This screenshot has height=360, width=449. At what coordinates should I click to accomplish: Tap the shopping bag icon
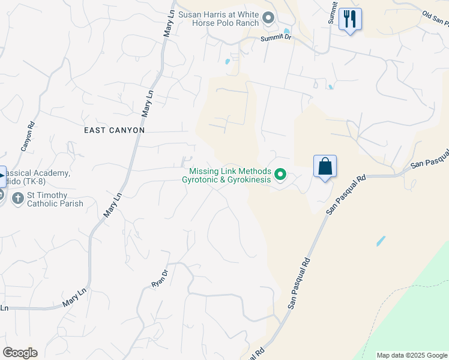[x=325, y=166]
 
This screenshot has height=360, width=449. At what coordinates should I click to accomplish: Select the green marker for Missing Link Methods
[x=280, y=175]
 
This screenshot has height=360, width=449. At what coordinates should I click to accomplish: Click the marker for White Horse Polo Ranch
[x=268, y=18]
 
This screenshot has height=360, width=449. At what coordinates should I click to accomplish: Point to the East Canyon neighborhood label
[x=114, y=130]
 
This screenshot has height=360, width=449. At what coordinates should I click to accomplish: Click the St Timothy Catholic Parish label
[x=56, y=199]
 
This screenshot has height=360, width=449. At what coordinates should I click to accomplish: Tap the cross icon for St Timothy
[x=18, y=197]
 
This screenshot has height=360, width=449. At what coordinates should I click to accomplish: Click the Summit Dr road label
[x=276, y=38]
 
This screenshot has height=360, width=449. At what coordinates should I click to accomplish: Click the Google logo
[x=20, y=353]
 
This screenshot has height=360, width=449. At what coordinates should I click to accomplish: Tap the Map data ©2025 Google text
[x=412, y=355]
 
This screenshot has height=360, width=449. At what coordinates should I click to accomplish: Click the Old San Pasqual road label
[x=435, y=19]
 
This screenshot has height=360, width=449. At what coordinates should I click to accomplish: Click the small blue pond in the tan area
[x=381, y=241]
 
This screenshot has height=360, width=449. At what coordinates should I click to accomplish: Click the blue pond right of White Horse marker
[x=286, y=32]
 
